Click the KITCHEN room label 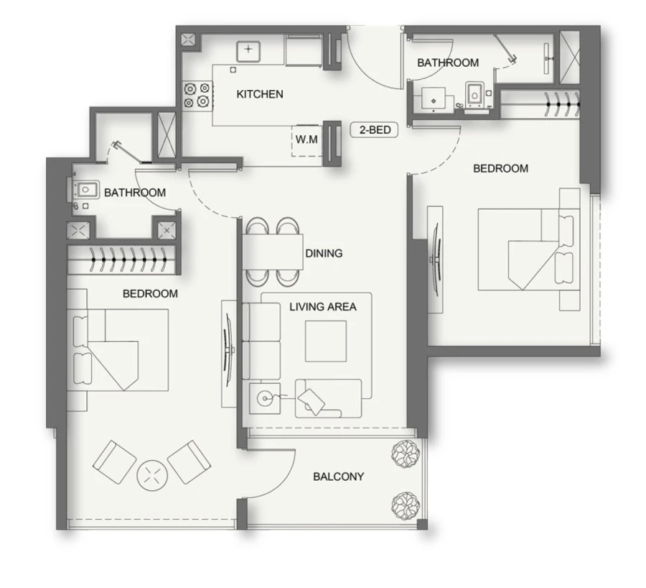click(x=260, y=94)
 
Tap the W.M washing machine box click(x=306, y=139)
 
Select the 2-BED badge click(x=374, y=130)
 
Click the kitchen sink click(x=248, y=50)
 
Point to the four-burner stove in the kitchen click(x=197, y=96)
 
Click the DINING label click(x=324, y=253)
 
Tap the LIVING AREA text click(x=322, y=307)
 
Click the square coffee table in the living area click(x=325, y=341)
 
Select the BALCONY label click(x=338, y=477)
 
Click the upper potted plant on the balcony click(x=402, y=454)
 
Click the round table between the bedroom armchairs click(x=151, y=474)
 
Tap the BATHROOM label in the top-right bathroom click(x=448, y=63)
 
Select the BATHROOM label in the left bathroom click(x=135, y=193)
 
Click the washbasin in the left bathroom click(x=85, y=190)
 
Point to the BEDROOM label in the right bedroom click(x=500, y=168)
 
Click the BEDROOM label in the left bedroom click(x=150, y=293)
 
